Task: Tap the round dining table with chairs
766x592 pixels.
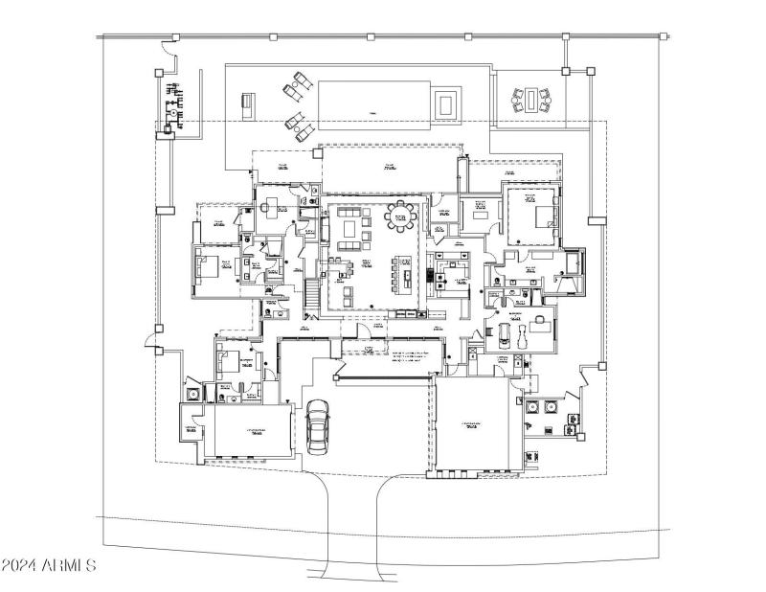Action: (x=401, y=219)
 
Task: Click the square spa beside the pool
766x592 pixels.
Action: (x=446, y=102)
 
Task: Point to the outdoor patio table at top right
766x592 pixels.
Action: (x=531, y=100)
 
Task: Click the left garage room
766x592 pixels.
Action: (x=252, y=433)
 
